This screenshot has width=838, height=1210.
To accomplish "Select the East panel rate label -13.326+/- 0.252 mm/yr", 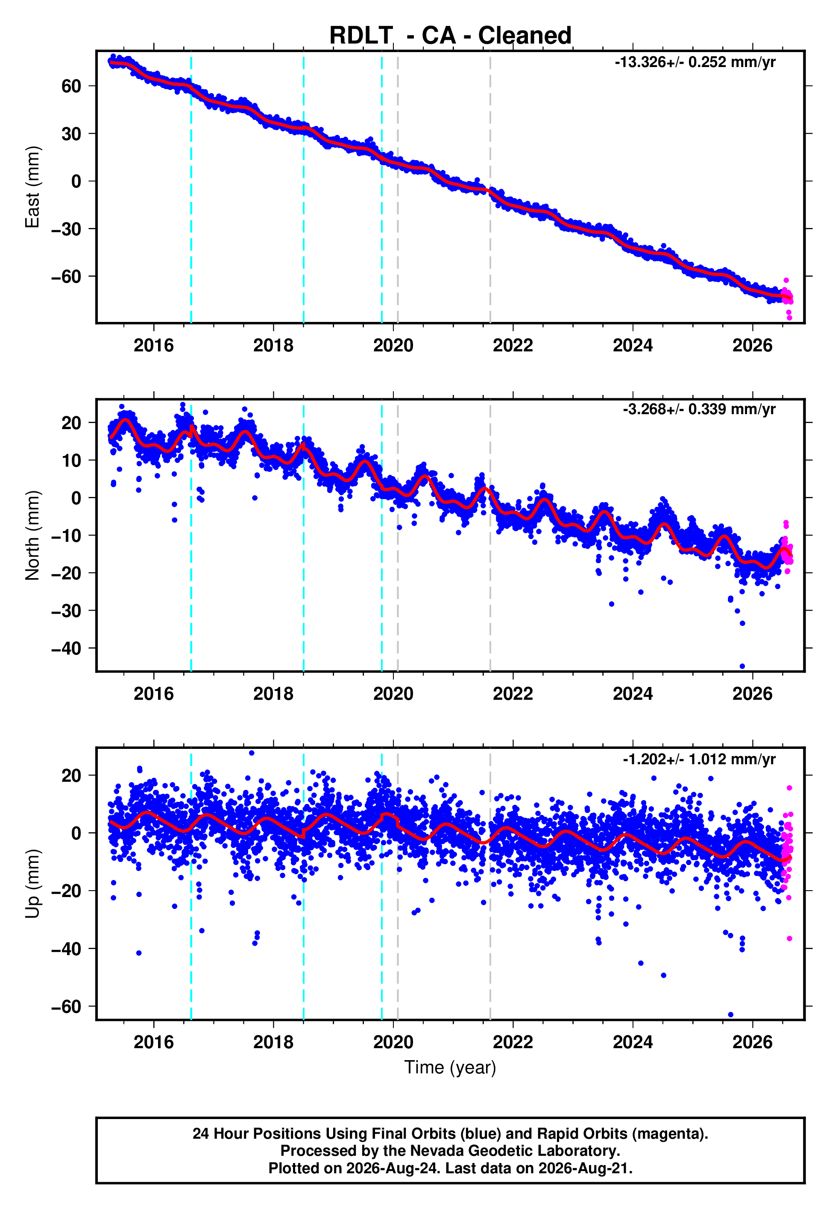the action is pos(695,62).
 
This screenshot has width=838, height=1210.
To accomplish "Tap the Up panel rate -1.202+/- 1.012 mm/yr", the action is pos(699,759).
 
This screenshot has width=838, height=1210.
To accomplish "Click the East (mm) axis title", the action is pos(32,187).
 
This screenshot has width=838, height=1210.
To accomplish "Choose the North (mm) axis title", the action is pos(32,535).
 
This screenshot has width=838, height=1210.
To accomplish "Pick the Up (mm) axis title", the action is pos(32,884).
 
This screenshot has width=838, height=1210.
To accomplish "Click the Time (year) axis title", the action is pos(450,1068).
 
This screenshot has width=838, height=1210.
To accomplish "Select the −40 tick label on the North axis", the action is pos(67,648).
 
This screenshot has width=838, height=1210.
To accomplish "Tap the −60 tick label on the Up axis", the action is pos(67,1006).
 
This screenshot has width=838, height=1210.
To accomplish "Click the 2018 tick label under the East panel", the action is pos(273,345).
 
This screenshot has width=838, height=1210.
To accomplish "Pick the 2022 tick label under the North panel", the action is pos(513,694).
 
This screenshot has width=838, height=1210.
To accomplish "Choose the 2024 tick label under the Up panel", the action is pos(633,1042).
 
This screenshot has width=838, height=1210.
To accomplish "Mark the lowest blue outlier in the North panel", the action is pos(742,666).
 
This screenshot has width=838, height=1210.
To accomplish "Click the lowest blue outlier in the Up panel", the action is pos(730,1014).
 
